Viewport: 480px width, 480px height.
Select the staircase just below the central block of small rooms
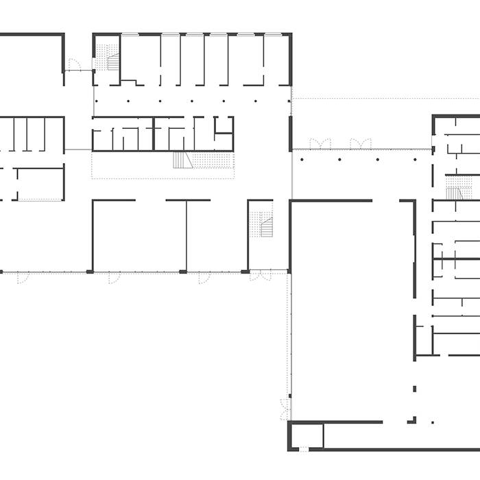[182, 160]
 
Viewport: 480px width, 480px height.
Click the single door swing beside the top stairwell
[75, 65]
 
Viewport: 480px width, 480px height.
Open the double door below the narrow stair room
[260, 276]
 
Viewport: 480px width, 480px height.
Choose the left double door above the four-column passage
[320, 143]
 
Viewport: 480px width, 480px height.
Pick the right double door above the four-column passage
[360, 143]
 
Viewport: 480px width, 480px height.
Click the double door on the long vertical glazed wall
[285, 409]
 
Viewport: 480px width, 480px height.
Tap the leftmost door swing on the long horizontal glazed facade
[23, 277]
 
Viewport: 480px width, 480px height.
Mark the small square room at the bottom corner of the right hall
[306, 436]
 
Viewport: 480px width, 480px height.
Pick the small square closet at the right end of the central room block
[224, 125]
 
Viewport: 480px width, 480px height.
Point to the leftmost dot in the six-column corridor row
[97, 101]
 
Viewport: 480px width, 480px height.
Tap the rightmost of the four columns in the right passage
[416, 160]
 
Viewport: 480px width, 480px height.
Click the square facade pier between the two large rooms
[183, 272]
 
